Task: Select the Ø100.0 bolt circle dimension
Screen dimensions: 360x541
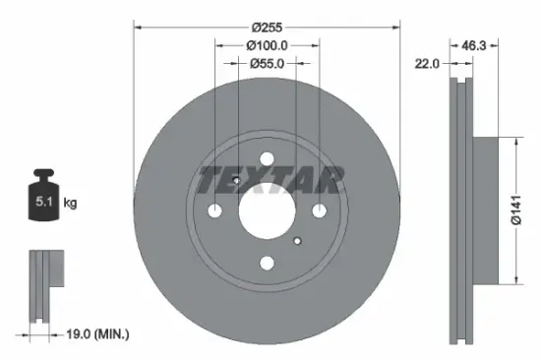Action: (267, 45)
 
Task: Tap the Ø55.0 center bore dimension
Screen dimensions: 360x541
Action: (267, 63)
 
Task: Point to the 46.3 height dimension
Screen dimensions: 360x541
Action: (476, 45)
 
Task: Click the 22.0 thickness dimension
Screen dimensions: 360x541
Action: (426, 63)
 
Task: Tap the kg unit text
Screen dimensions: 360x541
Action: (70, 204)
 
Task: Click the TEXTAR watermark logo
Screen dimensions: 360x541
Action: (270, 179)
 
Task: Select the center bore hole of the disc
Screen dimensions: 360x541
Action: (267, 210)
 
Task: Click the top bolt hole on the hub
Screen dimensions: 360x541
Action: (267, 159)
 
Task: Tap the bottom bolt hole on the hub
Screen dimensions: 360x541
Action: (267, 262)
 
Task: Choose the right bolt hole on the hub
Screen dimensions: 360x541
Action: (319, 210)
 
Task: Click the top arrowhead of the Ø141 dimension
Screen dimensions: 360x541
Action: (511, 141)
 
